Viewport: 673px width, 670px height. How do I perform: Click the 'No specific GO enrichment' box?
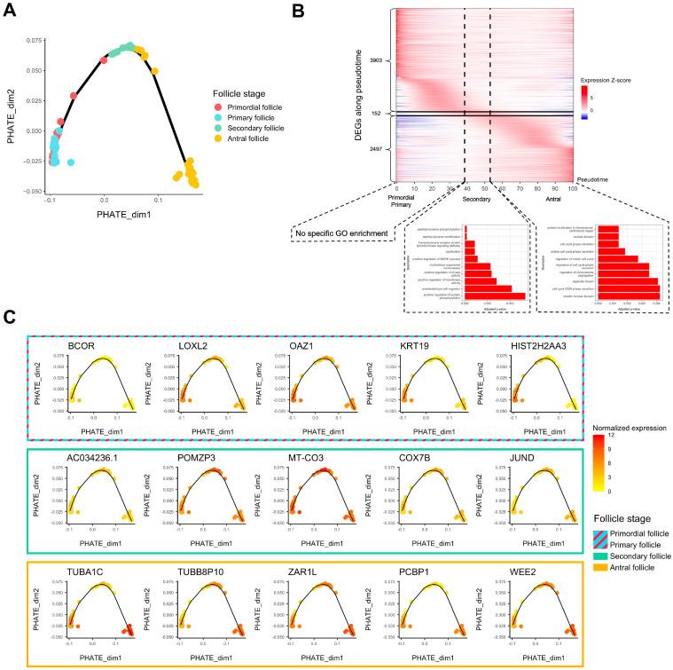point(345,234)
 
